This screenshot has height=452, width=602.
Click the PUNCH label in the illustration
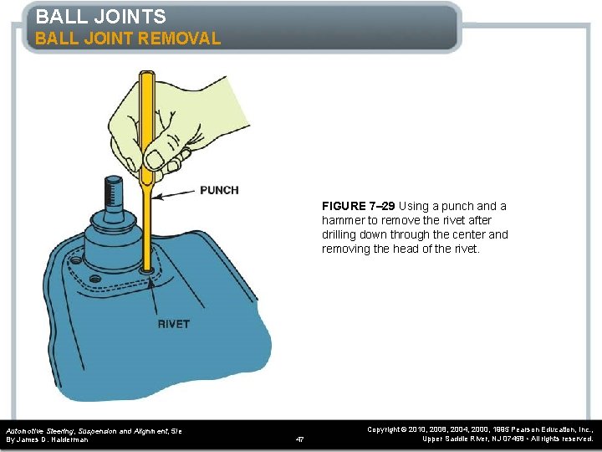pyautogui.click(x=219, y=190)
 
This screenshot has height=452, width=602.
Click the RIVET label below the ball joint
pyautogui.click(x=173, y=324)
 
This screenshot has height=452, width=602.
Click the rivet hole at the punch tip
pyautogui.click(x=150, y=270)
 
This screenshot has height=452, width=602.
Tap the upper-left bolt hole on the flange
pyautogui.click(x=76, y=262)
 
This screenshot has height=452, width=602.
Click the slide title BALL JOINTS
pyautogui.click(x=100, y=16)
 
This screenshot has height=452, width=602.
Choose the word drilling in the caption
pyautogui.click(x=343, y=234)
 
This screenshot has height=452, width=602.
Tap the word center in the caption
pyautogui.click(x=469, y=234)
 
